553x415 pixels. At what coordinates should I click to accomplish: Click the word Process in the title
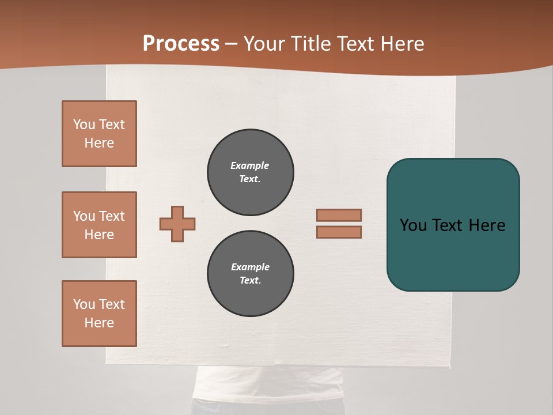pos(181,44)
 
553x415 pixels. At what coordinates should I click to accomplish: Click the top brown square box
pos(99,134)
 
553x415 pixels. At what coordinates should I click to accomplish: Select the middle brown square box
pos(99,225)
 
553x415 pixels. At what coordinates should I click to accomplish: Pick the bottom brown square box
pos(99,314)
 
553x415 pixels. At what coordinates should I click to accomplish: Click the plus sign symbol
pos(177,224)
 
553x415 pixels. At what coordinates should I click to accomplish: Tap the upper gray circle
pos(251,172)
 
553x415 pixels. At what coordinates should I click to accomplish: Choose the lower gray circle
pos(251,274)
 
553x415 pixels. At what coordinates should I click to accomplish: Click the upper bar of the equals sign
pos(339,215)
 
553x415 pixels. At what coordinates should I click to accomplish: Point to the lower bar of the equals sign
pos(339,232)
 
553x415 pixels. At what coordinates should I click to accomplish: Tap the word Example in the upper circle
pos(249,165)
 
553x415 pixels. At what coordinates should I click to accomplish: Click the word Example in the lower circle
pos(250,267)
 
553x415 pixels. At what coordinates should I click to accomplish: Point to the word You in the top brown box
pos(84,124)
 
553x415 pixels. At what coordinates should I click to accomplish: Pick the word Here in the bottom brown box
pos(99,323)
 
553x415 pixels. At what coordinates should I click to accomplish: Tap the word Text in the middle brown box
pos(112,216)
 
